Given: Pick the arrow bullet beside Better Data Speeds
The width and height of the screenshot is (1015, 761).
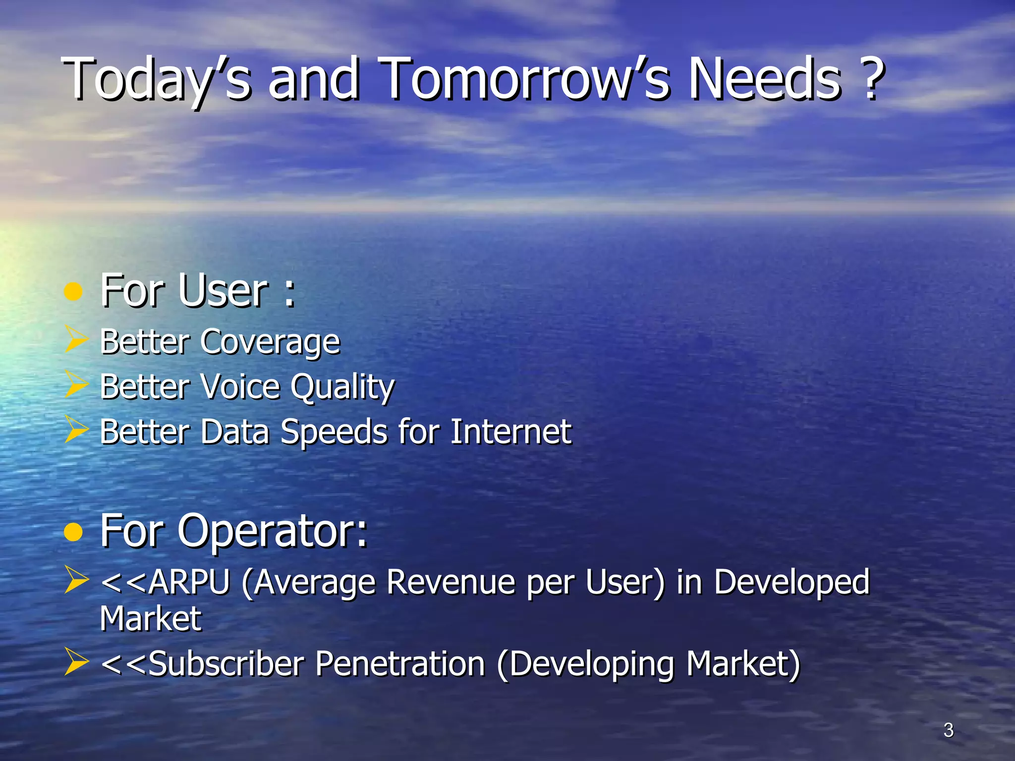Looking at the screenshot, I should point(76,430).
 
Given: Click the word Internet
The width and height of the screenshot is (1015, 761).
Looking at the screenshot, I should point(511,431).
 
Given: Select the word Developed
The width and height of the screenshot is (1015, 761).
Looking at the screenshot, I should point(791,583).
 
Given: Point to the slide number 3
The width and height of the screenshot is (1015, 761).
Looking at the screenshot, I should point(948,730).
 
